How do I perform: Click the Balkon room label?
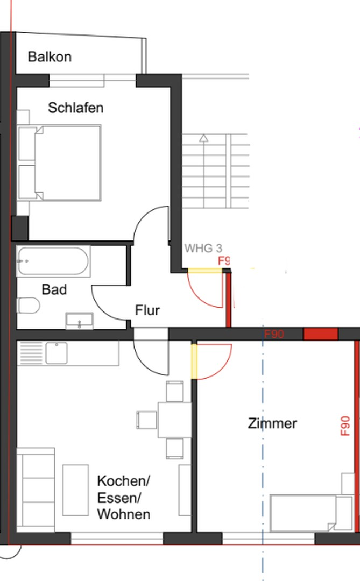(x=50, y=56)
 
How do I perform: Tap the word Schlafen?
(x=75, y=108)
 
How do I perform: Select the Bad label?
(x=54, y=289)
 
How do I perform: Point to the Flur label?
(x=147, y=310)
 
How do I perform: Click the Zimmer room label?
(x=272, y=423)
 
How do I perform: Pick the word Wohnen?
(x=123, y=514)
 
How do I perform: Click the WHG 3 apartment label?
(x=203, y=248)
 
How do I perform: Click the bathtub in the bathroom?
(x=52, y=261)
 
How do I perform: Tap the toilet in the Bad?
(x=29, y=306)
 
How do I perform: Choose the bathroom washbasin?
(x=79, y=321)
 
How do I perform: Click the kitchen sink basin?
(x=56, y=353)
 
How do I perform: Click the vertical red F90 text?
(x=345, y=426)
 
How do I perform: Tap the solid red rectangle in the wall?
(x=321, y=334)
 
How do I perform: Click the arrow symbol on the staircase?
(x=203, y=138)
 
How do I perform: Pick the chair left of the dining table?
(x=146, y=420)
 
